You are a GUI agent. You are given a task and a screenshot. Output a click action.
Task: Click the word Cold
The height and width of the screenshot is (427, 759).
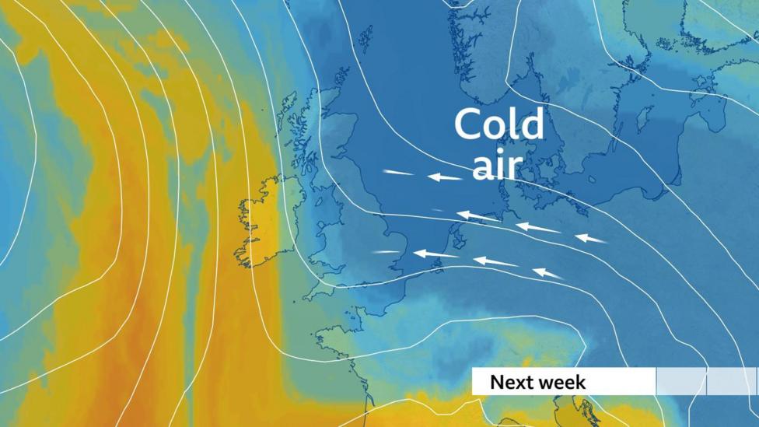pos(498,124)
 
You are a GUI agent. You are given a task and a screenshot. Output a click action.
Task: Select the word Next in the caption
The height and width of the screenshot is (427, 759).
pos(514,383)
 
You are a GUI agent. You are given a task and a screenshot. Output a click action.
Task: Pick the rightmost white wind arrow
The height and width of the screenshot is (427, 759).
pos(591,238)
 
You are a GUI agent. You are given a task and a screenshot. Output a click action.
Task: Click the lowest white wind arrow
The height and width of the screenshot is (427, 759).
pos(548,273)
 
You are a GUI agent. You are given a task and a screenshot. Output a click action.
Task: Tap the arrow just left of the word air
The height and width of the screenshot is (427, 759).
pos(445,177)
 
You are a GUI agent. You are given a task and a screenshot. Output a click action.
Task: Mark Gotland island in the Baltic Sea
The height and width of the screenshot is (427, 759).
pos(643,119)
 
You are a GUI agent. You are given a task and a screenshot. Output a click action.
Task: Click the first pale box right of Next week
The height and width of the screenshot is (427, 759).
pos(681,382)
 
